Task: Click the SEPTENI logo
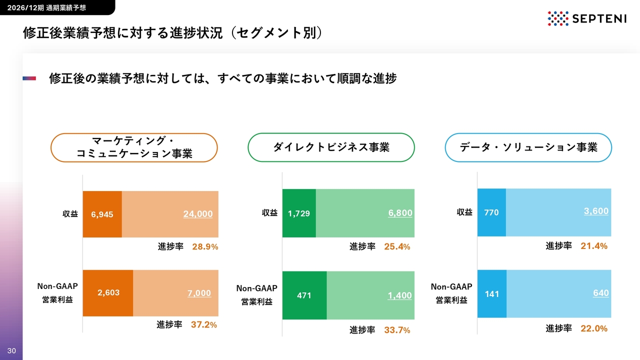[587, 18]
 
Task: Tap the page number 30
[11, 350]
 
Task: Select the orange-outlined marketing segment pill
[134, 147]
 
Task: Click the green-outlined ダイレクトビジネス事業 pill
[331, 147]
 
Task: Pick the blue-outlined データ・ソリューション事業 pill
[528, 147]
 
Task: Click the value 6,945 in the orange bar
[102, 214]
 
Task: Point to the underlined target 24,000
[198, 213]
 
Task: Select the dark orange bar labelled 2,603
[108, 293]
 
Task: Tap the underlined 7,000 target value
[199, 293]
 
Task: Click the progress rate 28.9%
[205, 246]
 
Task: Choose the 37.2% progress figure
[204, 324]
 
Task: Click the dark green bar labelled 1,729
[299, 213]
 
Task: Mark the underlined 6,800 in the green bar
[400, 213]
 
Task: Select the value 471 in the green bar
[304, 295]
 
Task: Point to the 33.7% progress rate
[397, 330]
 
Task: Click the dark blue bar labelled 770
[491, 212]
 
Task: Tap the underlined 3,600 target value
[596, 211]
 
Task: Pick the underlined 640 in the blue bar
[601, 293]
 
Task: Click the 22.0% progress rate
[594, 328]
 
